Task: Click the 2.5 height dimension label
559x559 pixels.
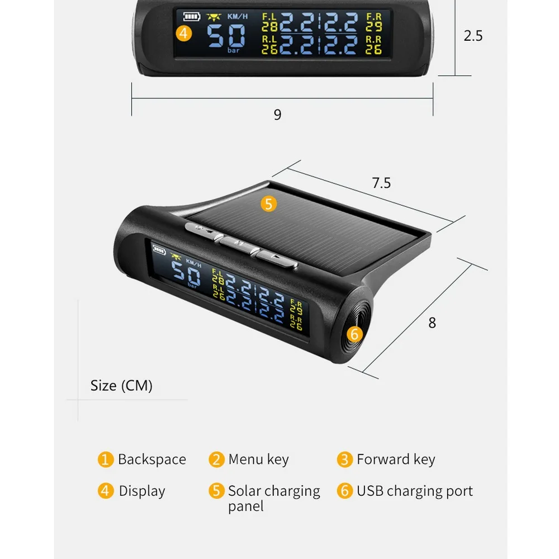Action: point(473,36)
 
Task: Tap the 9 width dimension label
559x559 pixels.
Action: point(277,115)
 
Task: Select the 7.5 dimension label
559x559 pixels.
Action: point(381,183)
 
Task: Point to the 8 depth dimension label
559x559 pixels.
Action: point(432,323)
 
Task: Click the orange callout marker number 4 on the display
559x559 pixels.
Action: point(184,33)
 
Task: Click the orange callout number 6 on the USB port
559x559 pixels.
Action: point(354,334)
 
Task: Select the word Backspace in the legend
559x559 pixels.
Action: point(151,459)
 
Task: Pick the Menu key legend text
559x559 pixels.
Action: point(258,459)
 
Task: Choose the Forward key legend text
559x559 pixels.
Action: point(396,459)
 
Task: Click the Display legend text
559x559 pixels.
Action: point(142,491)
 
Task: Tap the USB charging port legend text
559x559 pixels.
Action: point(415,491)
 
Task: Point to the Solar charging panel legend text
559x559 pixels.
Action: point(274,498)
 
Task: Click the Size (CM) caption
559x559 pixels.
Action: point(121,386)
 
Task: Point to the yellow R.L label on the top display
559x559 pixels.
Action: point(270,40)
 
